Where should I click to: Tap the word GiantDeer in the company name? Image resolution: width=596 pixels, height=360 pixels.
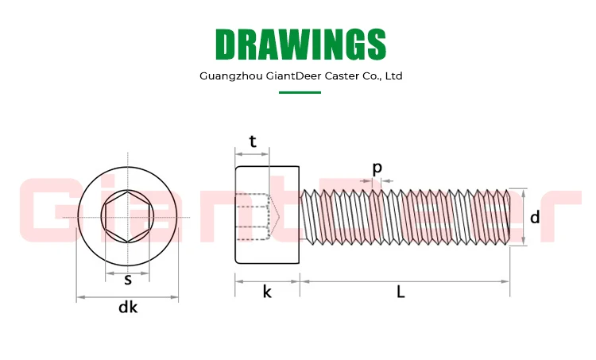pyautogui.click(x=291, y=76)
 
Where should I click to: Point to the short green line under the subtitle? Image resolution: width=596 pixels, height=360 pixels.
pyautogui.click(x=300, y=93)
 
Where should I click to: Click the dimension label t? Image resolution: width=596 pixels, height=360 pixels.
pyautogui.click(x=253, y=141)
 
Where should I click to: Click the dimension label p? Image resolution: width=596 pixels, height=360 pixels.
pyautogui.click(x=377, y=168)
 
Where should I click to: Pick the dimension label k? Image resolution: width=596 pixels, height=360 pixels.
pyautogui.click(x=267, y=292)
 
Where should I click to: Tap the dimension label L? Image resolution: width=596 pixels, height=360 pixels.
pyautogui.click(x=401, y=292)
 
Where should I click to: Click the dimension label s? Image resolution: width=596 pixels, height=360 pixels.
pyautogui.click(x=127, y=279)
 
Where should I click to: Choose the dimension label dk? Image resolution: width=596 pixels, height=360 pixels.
pyautogui.click(x=128, y=308)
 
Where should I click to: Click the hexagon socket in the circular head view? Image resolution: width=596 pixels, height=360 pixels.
pyautogui.click(x=127, y=216)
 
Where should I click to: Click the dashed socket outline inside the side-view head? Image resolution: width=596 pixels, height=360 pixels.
pyautogui.click(x=256, y=215)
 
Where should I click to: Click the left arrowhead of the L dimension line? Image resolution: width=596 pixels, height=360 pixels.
pyautogui.click(x=304, y=281)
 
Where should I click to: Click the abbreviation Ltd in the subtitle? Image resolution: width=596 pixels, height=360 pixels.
pyautogui.click(x=393, y=76)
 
